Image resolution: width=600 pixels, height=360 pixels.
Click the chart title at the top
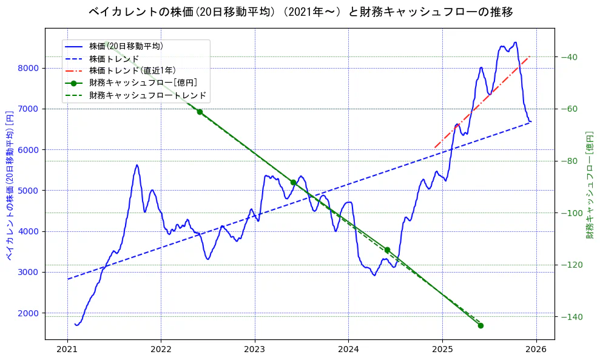(300, 12)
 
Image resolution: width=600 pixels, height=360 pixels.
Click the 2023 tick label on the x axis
(254, 350)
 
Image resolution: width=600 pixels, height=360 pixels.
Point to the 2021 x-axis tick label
(67, 350)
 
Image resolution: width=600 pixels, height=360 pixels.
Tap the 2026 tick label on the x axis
(536, 350)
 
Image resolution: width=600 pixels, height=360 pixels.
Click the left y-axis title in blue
(10, 185)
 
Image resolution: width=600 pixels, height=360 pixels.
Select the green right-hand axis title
(589, 185)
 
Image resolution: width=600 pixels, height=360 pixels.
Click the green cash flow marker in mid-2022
(200, 112)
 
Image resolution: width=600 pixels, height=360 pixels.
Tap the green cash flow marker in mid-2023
(293, 182)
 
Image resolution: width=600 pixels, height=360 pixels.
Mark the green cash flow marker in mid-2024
(387, 250)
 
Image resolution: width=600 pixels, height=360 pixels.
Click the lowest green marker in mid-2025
(480, 325)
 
